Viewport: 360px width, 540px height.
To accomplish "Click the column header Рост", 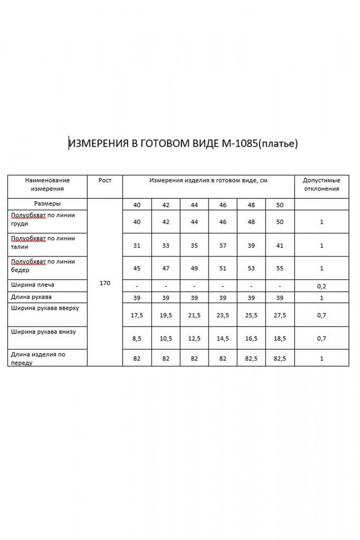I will (x=104, y=180).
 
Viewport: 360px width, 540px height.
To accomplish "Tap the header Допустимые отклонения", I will (x=321, y=184).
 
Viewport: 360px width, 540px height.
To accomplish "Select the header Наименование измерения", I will (x=47, y=184).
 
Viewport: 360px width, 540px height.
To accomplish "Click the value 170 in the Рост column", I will (x=104, y=283).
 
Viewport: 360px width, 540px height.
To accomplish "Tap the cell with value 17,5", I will (x=137, y=315).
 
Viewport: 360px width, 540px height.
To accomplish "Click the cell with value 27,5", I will (x=279, y=315).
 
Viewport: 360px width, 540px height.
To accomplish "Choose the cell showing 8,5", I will (x=137, y=339).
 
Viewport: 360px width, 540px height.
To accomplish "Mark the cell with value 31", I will (x=137, y=245).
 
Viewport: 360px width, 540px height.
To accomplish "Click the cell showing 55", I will (x=279, y=268).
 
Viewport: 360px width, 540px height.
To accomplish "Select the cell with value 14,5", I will (x=222, y=339).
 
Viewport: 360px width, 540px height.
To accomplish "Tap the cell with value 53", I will (x=251, y=268).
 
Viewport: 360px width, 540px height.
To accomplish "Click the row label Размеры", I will (x=47, y=203).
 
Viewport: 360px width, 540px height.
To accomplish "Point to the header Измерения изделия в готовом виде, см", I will (x=208, y=180).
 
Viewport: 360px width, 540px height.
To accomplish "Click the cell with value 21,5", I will (x=194, y=315).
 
